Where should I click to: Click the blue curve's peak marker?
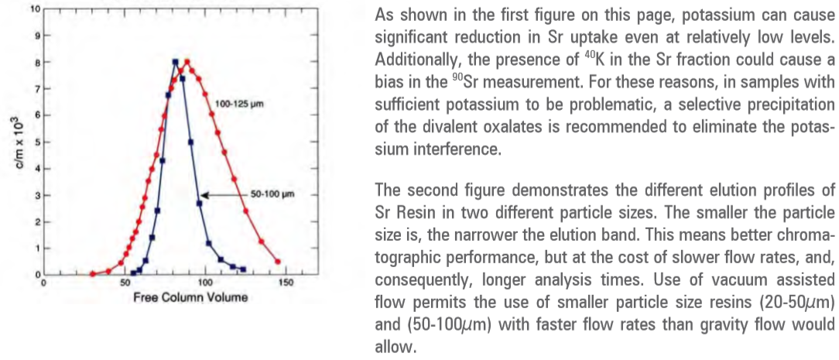click(176, 62)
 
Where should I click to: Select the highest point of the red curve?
click(187, 62)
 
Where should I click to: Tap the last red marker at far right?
click(278, 239)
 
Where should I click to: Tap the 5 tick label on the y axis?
click(36, 142)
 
